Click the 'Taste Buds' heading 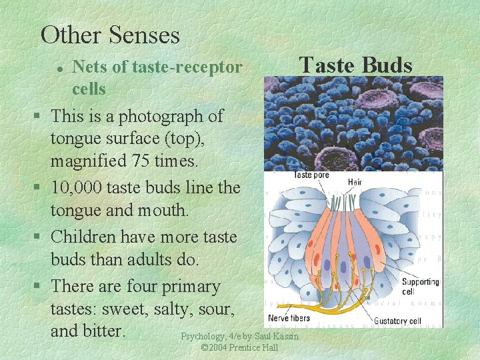(356, 65)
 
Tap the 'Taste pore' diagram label (312, 175)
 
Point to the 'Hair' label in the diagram (355, 181)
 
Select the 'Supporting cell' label (420, 286)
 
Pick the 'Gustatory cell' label (397, 321)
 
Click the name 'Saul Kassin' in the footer (277, 336)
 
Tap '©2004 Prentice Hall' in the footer (239, 348)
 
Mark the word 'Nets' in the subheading (89, 67)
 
